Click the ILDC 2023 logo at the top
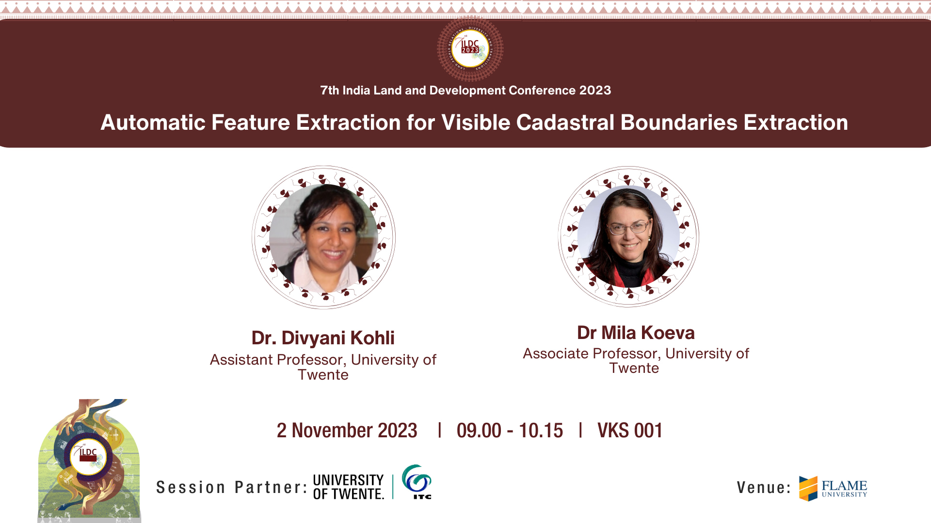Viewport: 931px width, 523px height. [470, 48]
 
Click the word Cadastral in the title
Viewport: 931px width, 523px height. [565, 123]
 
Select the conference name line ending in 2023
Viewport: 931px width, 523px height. [465, 91]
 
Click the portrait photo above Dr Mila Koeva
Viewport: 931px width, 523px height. [628, 237]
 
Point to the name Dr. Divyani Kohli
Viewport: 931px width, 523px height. [323, 338]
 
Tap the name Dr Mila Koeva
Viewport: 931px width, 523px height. [636, 333]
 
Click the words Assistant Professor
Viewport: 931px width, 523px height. [277, 360]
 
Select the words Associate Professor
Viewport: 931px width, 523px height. [591, 354]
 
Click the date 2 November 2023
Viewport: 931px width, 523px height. [347, 431]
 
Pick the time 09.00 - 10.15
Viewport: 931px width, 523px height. [510, 431]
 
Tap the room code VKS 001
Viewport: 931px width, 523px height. [630, 431]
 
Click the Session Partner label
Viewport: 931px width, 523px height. [232, 487]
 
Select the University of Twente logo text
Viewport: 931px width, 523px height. [349, 487]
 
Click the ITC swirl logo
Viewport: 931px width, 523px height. [417, 482]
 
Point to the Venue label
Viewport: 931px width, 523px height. [764, 488]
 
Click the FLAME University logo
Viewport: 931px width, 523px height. [833, 488]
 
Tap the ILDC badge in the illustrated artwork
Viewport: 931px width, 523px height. [88, 457]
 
